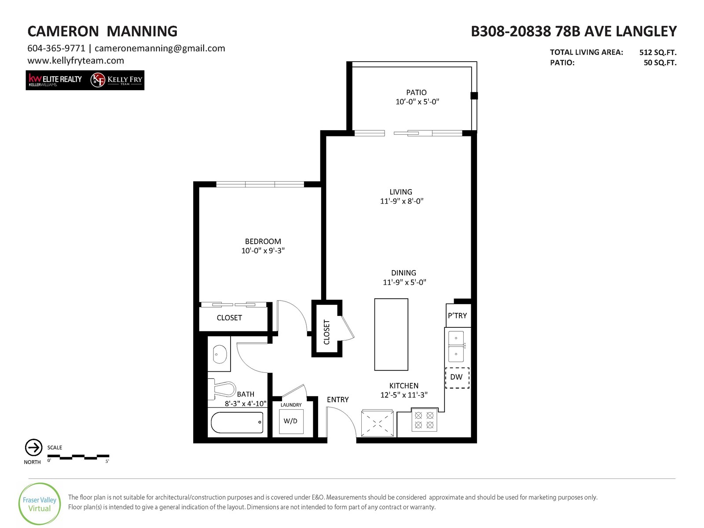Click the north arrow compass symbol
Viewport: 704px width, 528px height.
click(34, 447)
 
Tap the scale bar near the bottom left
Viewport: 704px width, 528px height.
click(78, 457)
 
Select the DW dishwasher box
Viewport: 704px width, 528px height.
click(457, 378)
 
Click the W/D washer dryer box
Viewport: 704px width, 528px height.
click(291, 421)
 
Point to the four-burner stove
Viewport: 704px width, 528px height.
click(424, 420)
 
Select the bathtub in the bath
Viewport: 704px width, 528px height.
click(237, 422)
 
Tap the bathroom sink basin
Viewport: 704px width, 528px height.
click(220, 354)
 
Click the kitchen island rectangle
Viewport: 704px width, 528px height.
click(391, 334)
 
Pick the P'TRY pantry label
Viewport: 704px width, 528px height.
click(457, 315)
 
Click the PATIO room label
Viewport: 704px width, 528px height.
click(416, 92)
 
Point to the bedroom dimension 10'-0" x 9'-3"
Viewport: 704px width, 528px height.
click(263, 250)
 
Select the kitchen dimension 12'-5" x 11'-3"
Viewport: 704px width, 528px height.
click(404, 395)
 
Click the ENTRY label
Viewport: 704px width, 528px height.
click(338, 400)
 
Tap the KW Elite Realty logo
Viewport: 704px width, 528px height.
click(55, 80)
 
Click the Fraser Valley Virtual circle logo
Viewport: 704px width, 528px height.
click(40, 504)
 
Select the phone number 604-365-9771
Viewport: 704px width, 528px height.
click(56, 48)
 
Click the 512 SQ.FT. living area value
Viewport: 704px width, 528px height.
click(658, 52)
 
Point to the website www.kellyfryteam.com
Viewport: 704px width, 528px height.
click(76, 61)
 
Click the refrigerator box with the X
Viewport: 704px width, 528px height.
click(378, 423)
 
